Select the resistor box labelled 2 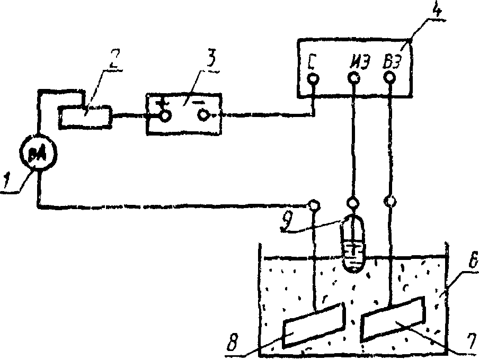(x=85, y=115)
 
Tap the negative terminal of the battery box (x=203, y=115)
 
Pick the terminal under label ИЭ (x=353, y=78)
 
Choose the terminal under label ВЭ (x=391, y=78)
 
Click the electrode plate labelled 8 (x=314, y=325)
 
